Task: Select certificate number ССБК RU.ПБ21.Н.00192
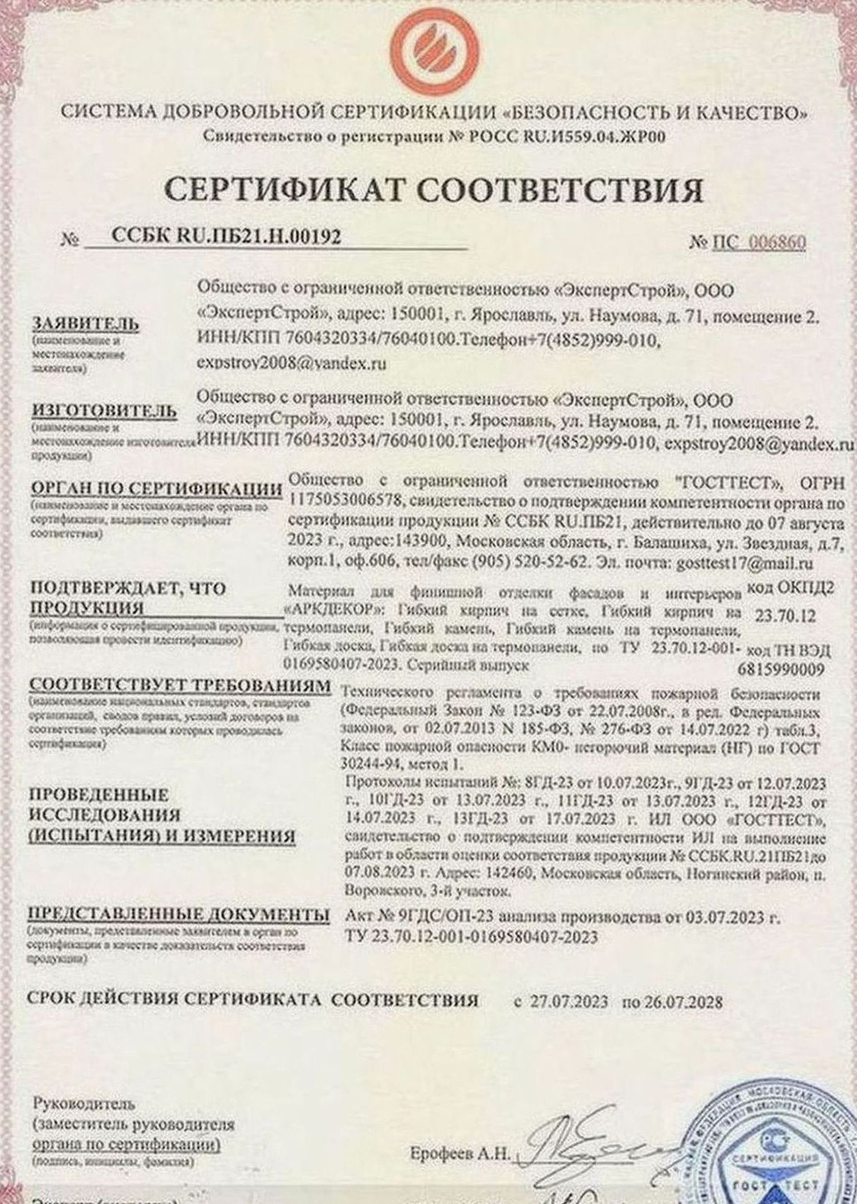(226, 236)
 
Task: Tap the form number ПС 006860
(758, 243)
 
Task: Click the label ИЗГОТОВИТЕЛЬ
(104, 411)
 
